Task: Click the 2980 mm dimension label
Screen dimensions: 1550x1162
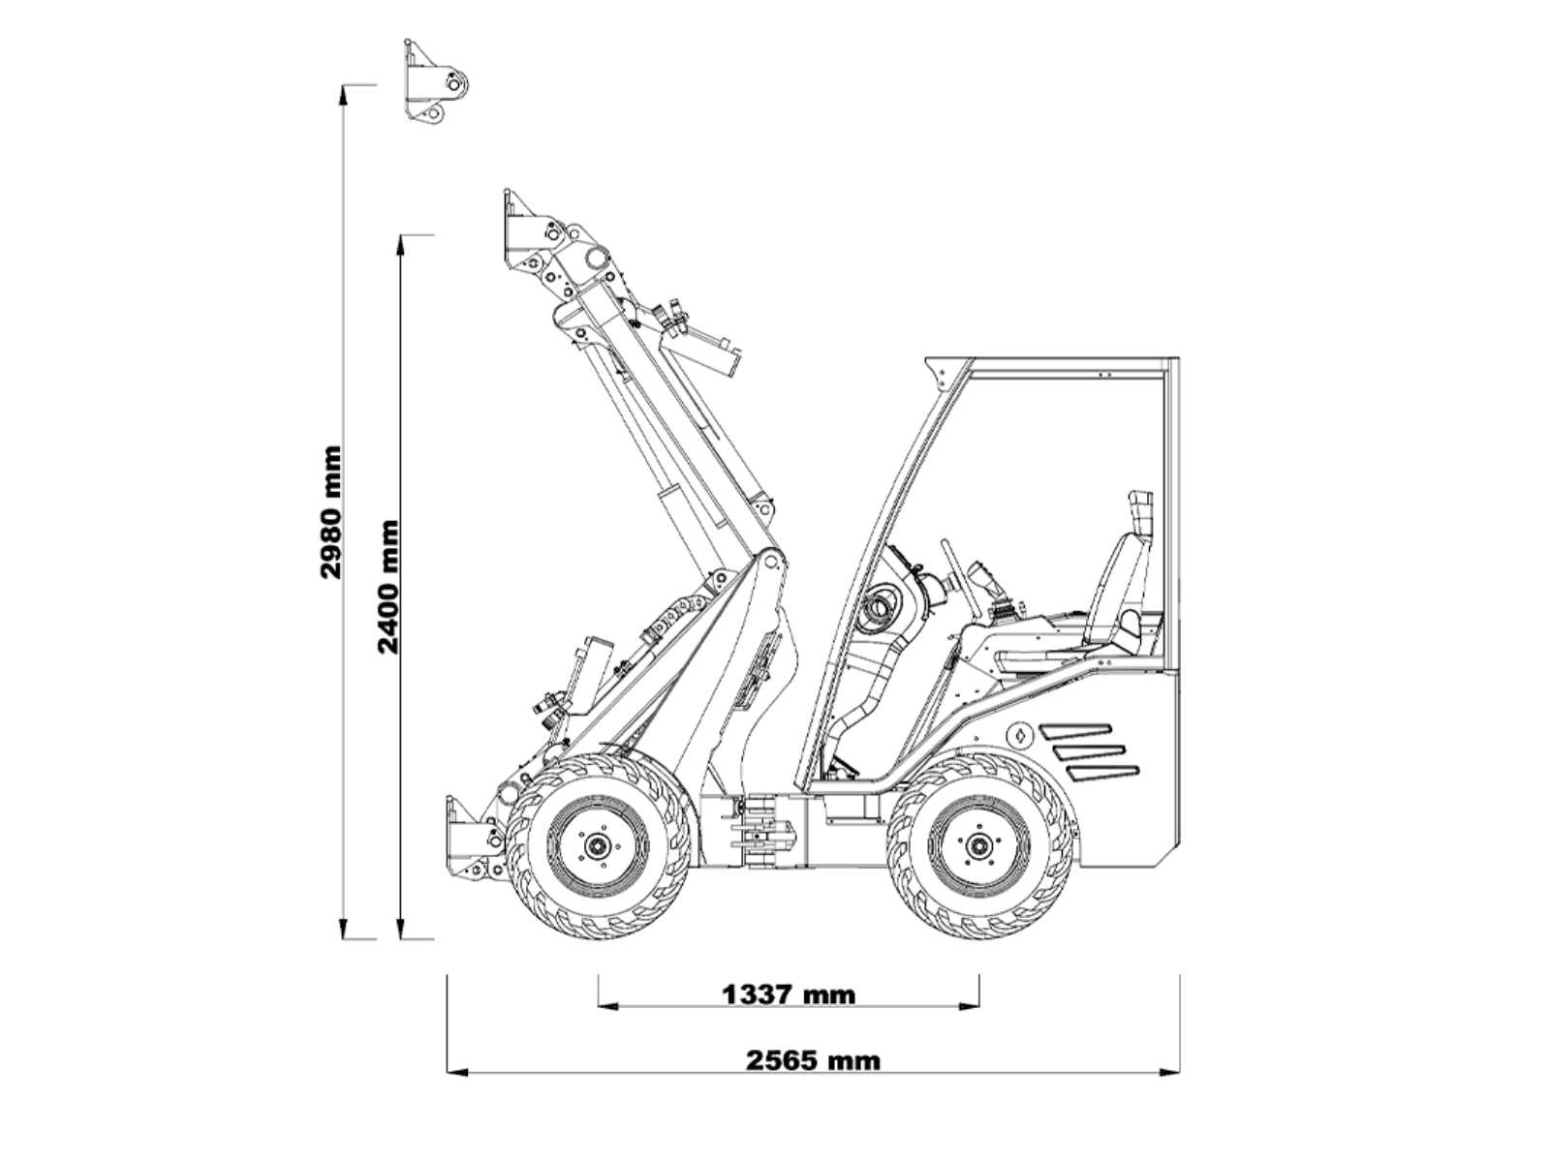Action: pyautogui.click(x=331, y=513)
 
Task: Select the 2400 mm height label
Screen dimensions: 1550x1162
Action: pyautogui.click(x=387, y=588)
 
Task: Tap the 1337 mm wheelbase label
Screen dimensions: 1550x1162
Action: pyautogui.click(x=788, y=995)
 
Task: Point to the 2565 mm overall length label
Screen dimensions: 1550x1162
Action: pyautogui.click(x=814, y=1061)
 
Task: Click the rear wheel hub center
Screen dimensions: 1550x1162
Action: pyautogui.click(x=978, y=845)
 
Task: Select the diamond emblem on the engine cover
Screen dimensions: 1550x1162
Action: pyautogui.click(x=1020, y=736)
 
